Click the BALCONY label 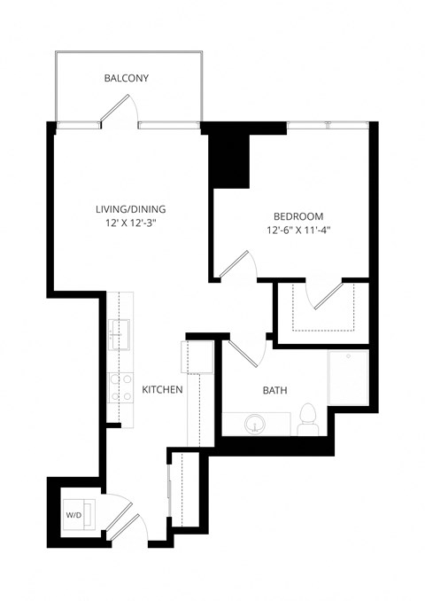tap(126, 79)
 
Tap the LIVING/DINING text tap(131, 209)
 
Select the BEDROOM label tap(297, 216)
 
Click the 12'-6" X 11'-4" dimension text tap(297, 231)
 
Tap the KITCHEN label tap(162, 389)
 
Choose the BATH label tap(274, 390)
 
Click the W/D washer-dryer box tap(73, 515)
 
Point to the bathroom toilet tap(308, 419)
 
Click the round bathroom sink tap(253, 425)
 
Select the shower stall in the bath tap(347, 379)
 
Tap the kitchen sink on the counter tap(120, 335)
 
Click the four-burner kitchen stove tap(120, 387)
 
